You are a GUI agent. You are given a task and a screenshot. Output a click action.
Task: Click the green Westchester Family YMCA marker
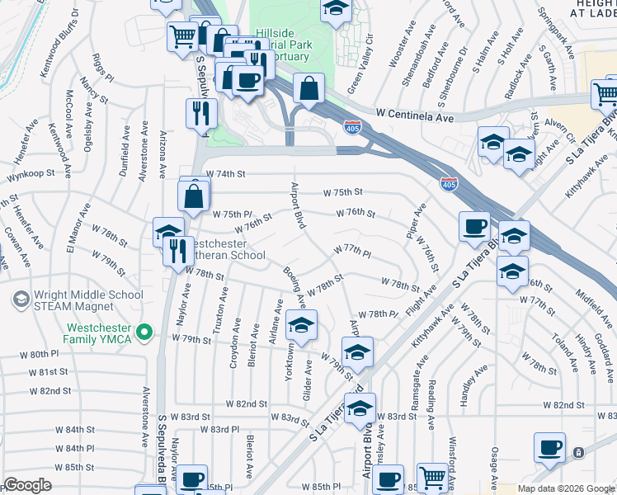point(145,332)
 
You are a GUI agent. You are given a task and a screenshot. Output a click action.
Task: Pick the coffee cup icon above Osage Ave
point(549,448)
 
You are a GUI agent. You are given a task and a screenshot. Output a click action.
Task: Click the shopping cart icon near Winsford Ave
point(432,478)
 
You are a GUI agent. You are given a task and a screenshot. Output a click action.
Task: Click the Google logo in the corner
point(27,485)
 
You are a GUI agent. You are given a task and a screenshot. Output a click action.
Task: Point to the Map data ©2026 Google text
point(566,488)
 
